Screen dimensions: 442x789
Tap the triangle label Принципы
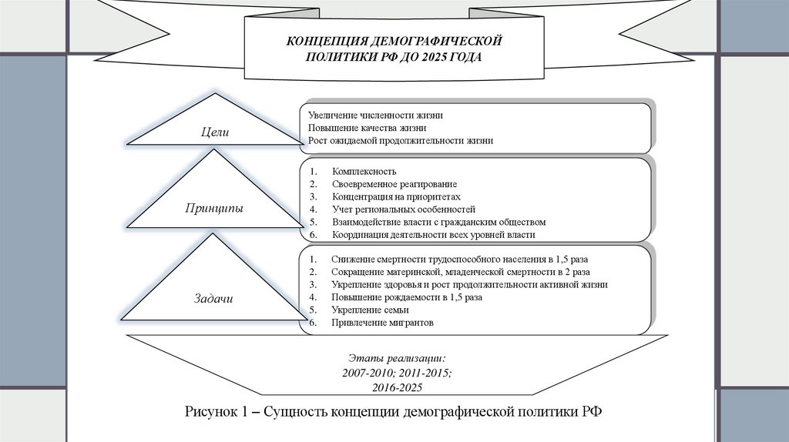point(214,209)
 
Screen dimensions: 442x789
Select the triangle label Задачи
point(213,298)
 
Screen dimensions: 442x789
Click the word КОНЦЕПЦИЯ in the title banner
point(327,40)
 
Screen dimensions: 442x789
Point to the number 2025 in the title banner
point(435,57)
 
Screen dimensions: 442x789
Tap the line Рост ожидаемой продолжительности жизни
point(400,141)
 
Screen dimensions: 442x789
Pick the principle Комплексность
point(364,171)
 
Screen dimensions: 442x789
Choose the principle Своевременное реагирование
point(394,184)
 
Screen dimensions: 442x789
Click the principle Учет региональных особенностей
point(404,209)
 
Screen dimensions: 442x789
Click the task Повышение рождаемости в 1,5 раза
point(407,297)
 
